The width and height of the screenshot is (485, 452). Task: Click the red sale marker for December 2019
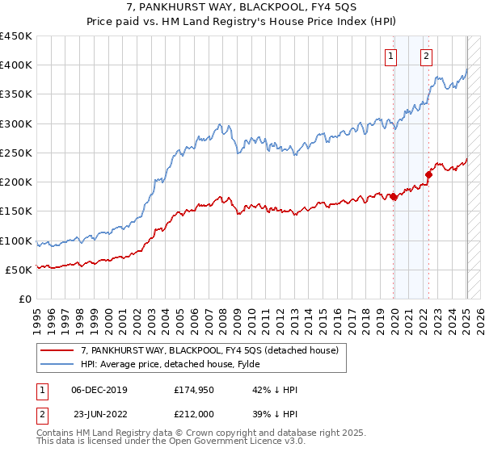(x=394, y=196)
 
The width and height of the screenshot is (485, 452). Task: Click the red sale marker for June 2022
(x=430, y=174)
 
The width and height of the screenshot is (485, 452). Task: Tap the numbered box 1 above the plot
(x=391, y=56)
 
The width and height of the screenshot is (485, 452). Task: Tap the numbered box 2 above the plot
(x=426, y=56)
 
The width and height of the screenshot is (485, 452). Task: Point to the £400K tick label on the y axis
(x=16, y=65)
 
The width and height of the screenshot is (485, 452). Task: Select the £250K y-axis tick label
(x=16, y=153)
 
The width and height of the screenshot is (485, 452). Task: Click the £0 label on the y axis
(x=26, y=299)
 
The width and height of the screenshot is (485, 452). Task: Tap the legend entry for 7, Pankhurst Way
(x=213, y=349)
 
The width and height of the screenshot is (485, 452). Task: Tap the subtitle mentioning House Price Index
(x=242, y=23)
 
